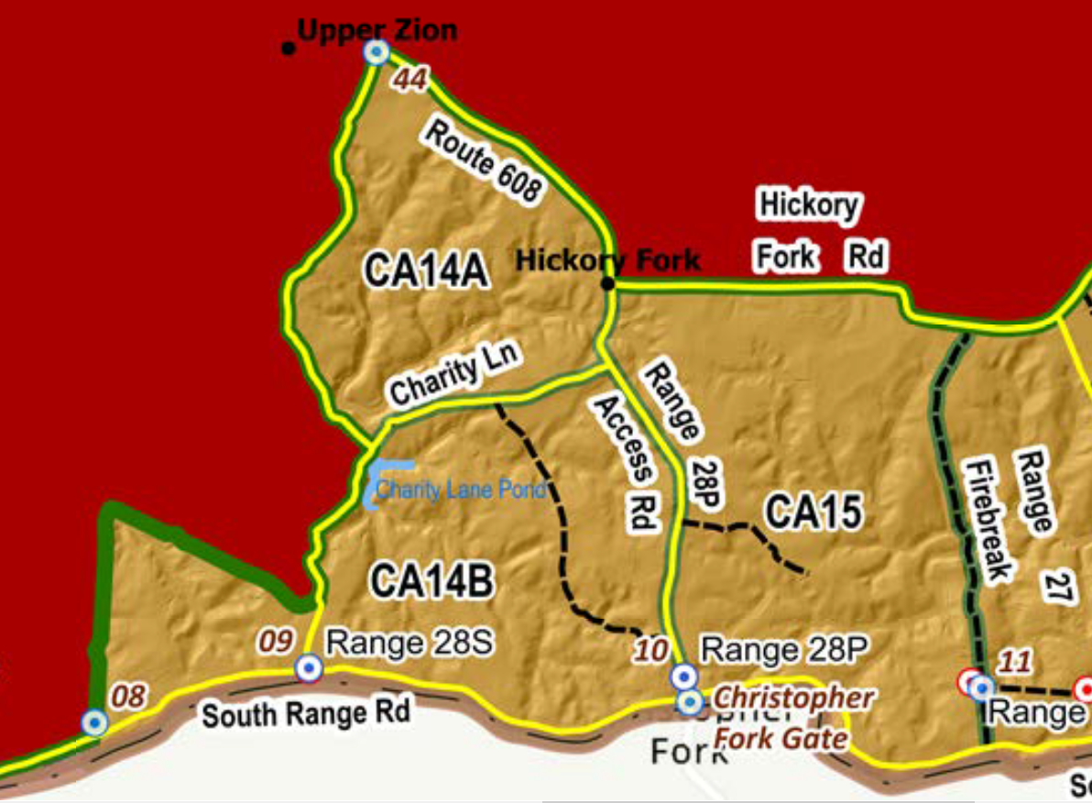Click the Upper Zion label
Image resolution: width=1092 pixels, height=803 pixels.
point(377,30)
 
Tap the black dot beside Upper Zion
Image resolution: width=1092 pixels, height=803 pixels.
point(289,48)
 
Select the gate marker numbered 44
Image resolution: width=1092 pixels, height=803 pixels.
point(376,52)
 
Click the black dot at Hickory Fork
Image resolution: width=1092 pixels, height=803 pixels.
point(607,283)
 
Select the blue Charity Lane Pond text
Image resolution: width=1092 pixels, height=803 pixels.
point(461,489)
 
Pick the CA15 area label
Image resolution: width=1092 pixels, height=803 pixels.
point(814,512)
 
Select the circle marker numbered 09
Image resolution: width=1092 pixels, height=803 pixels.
point(309,668)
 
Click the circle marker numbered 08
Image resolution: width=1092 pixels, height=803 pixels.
point(93,722)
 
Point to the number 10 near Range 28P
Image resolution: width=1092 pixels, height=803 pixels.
point(651,652)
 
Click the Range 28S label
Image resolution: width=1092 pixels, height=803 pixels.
point(409,643)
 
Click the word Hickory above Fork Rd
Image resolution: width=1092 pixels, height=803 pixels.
point(810,203)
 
